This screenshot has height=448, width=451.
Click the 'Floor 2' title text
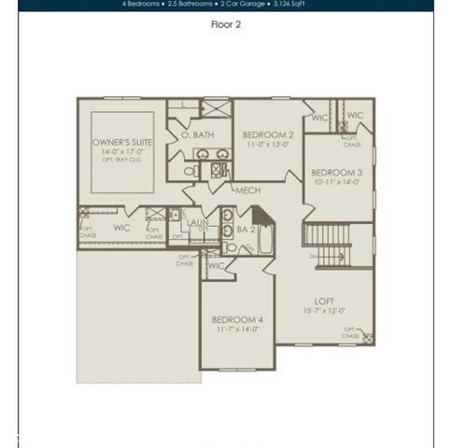[225, 25]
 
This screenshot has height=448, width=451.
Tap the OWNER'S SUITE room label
[121, 142]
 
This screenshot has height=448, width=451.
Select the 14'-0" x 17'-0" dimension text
[121, 151]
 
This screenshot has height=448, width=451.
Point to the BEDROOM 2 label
[267, 134]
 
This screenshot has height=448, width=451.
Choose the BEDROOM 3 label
[336, 173]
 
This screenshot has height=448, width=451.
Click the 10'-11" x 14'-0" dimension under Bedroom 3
[336, 182]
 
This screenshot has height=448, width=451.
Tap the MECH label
[247, 190]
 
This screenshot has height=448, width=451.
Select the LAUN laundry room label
[197, 222]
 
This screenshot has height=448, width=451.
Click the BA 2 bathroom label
[246, 228]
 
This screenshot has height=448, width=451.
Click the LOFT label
[324, 301]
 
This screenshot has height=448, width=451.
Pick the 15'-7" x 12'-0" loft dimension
[324, 311]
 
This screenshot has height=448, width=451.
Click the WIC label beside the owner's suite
[121, 227]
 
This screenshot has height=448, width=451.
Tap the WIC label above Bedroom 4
[218, 265]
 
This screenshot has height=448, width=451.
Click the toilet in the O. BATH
[190, 172]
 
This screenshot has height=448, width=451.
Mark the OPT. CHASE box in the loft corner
[369, 338]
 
